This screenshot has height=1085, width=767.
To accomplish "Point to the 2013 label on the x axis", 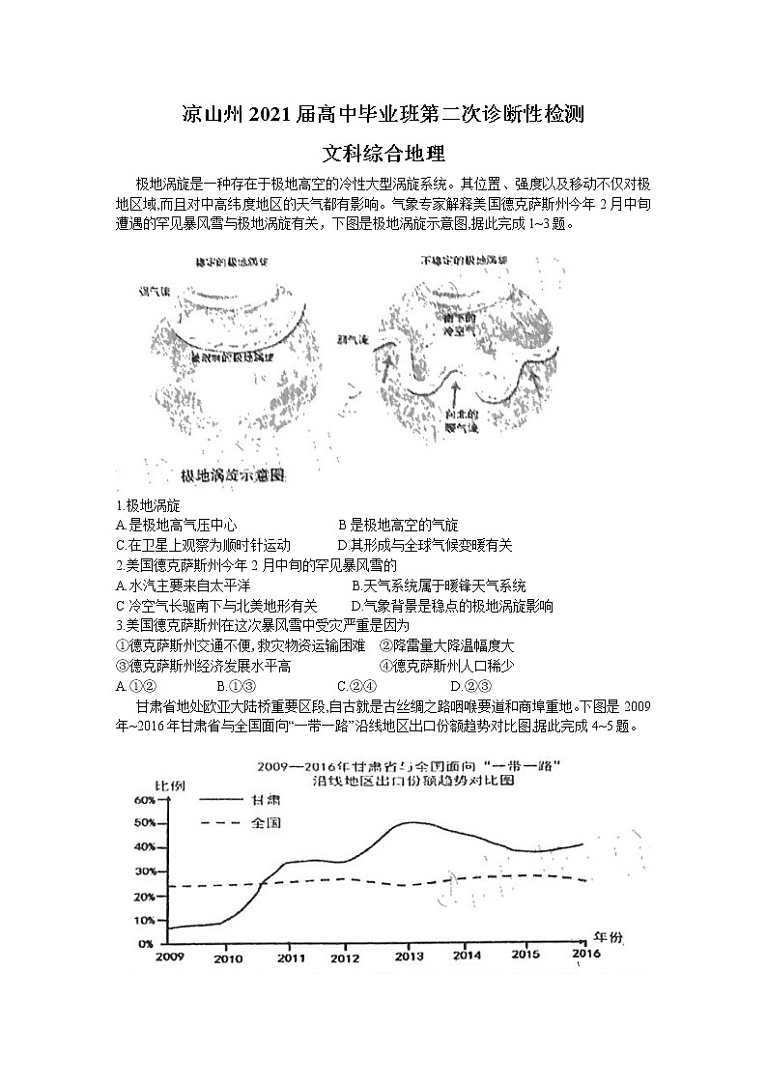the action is [x=408, y=957].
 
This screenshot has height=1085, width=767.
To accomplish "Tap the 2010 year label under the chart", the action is [x=228, y=958].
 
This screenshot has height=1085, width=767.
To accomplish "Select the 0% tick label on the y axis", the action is [x=146, y=942].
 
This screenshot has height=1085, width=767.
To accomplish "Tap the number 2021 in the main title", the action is [x=276, y=115].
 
